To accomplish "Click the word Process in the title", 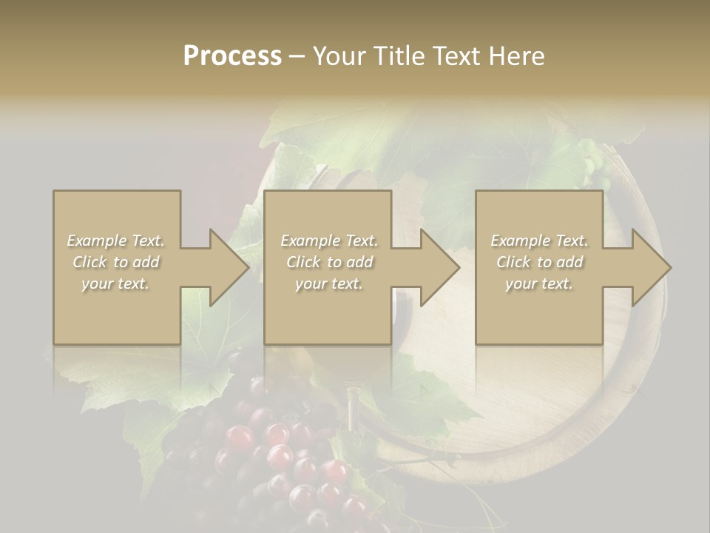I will (232, 56).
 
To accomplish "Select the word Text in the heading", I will (456, 56).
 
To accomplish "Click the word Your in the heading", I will (339, 56).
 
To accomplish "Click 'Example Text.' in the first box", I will (116, 241).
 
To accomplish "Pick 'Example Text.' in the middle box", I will (328, 241).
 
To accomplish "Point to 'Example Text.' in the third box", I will (539, 241).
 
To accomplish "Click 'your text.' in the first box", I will (116, 284).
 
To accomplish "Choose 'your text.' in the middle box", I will (328, 284).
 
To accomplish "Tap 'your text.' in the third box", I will (539, 284).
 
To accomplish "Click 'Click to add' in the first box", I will (116, 262).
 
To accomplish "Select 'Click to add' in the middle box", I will (328, 262).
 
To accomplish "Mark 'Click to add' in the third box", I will (539, 262).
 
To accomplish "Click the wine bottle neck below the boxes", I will (354, 407).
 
